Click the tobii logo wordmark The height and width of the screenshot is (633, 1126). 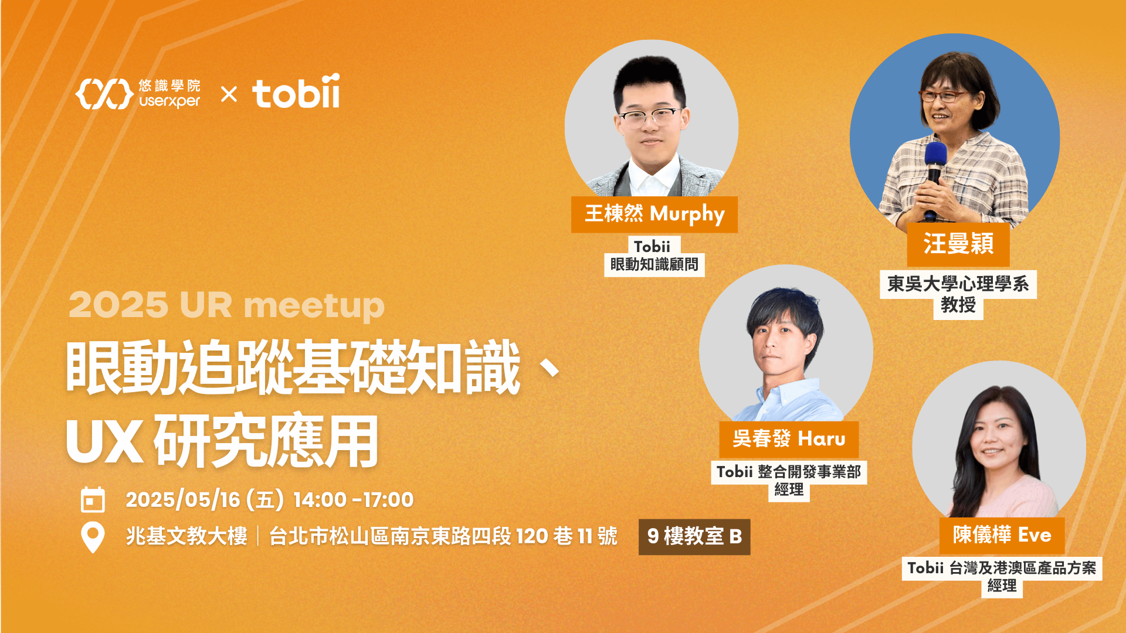click(296, 93)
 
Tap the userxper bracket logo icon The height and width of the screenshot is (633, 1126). click(104, 94)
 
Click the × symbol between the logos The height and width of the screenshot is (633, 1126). click(229, 94)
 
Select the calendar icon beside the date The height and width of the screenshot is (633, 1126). click(93, 500)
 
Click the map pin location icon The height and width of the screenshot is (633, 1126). click(93, 536)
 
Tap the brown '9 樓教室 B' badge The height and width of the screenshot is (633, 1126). click(694, 536)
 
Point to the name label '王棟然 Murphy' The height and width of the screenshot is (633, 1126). click(654, 214)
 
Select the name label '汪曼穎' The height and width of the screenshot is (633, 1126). click(958, 244)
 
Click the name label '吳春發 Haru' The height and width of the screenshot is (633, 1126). click(789, 438)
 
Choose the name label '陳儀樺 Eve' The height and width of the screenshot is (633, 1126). click(1002, 535)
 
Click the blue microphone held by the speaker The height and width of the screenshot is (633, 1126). click(935, 158)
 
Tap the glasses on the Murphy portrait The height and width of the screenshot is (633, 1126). click(650, 117)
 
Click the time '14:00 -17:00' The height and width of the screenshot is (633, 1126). click(353, 500)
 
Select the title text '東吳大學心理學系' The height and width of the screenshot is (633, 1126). click(958, 284)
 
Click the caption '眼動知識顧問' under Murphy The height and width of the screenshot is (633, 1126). click(654, 265)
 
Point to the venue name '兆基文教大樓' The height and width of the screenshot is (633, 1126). click(186, 536)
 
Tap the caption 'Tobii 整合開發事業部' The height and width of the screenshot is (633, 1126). click(789, 472)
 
